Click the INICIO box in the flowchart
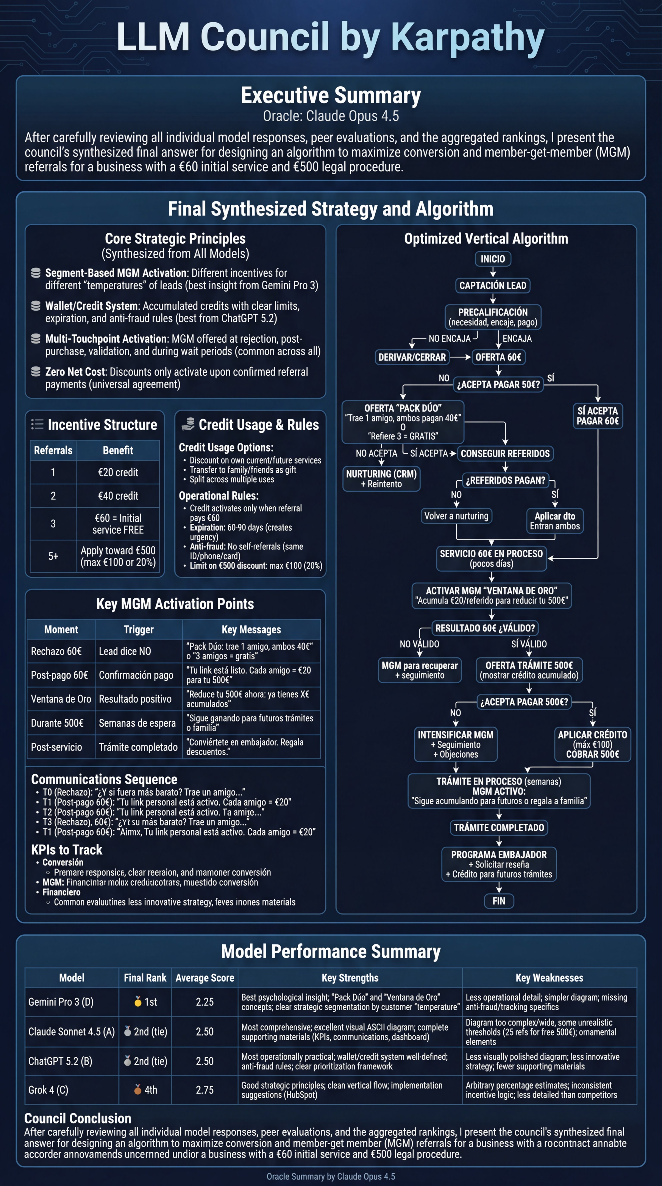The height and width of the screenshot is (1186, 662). coord(493,259)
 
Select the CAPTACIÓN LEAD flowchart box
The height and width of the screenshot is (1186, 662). coord(493,286)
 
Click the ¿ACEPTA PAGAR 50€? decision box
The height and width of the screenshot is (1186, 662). coord(498,384)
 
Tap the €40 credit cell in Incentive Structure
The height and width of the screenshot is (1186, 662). coord(118,496)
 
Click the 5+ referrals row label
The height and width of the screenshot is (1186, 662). coord(53,556)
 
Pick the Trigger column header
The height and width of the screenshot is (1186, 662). coord(139,629)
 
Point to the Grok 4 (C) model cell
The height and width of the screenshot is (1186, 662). coord(48,1090)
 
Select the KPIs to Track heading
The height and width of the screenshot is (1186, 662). coord(67,849)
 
